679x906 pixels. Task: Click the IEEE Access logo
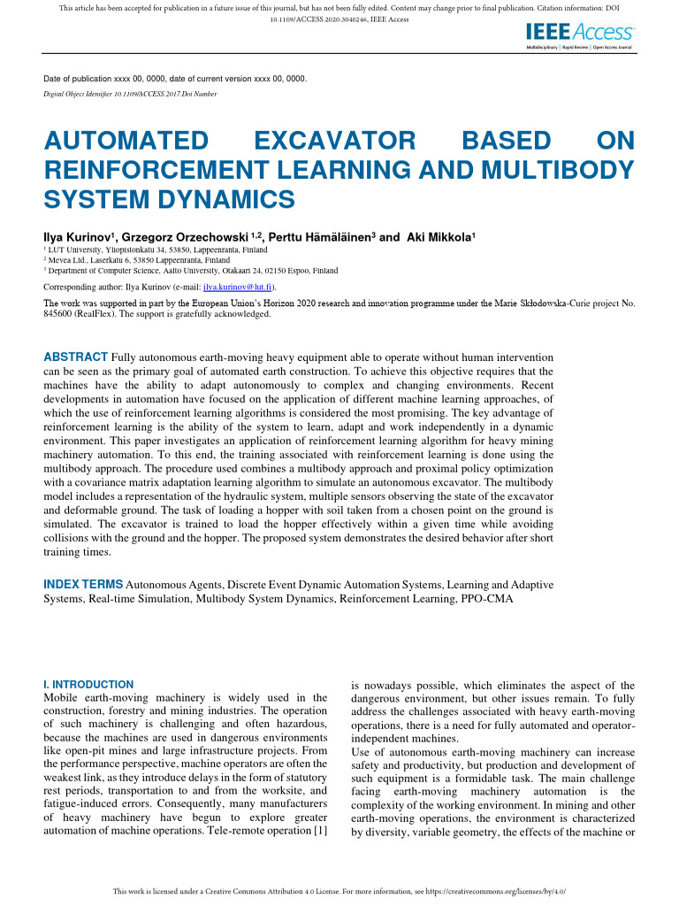579,35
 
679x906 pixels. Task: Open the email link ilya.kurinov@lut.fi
238,288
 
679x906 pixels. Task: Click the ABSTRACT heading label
76,357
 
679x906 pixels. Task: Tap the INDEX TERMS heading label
84,585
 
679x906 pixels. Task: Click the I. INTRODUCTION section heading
88,684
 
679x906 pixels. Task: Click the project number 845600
65,313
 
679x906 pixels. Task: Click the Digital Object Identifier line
130,94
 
